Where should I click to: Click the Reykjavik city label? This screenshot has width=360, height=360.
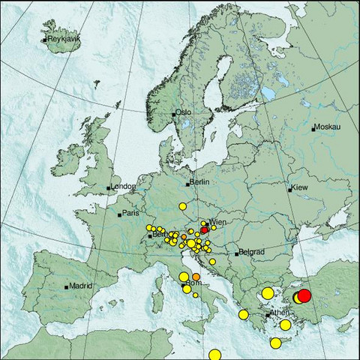(63, 38)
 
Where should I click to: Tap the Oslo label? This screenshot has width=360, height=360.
(184, 112)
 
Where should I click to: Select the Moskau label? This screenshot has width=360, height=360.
(328, 127)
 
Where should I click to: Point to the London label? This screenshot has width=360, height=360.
(122, 187)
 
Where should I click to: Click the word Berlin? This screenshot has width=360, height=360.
(199, 182)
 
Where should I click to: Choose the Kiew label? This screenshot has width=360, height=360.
(301, 186)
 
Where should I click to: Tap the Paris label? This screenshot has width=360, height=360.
(131, 214)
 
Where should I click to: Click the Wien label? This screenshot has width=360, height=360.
(217, 223)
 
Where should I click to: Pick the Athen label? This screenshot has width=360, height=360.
(280, 312)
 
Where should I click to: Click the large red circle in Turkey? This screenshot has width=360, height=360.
(304, 295)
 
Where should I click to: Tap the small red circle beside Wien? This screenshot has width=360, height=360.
(205, 231)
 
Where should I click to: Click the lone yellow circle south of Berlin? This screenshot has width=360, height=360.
(181, 205)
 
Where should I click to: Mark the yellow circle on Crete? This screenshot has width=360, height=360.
(275, 343)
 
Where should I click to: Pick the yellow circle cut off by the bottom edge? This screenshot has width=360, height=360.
(215, 355)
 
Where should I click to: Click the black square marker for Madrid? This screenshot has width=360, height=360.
(67, 286)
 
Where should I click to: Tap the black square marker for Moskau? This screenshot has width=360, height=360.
(313, 128)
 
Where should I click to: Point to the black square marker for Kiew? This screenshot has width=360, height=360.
(290, 190)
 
